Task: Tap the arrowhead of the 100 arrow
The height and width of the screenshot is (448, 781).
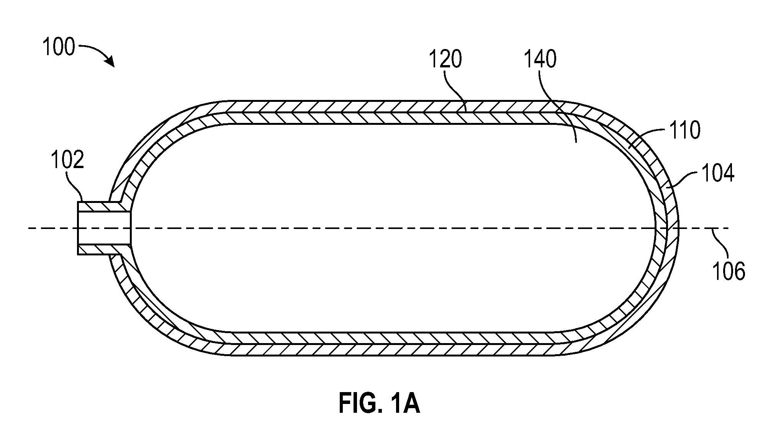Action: pyautogui.click(x=110, y=62)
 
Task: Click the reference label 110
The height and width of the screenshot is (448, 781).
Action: pyautogui.click(x=684, y=130)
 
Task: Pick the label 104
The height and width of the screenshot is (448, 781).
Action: pyautogui.click(x=718, y=173)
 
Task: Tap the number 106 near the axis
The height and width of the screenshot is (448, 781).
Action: pyautogui.click(x=729, y=271)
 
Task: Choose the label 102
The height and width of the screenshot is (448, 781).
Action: pyautogui.click(x=67, y=160)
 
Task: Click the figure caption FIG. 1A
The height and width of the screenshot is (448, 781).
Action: pyautogui.click(x=379, y=404)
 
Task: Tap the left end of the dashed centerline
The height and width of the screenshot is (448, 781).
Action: pyautogui.click(x=29, y=229)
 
